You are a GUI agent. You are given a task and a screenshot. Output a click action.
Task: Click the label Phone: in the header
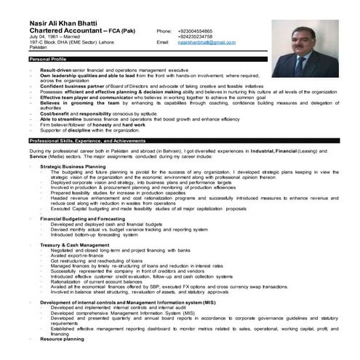click(164, 32)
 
